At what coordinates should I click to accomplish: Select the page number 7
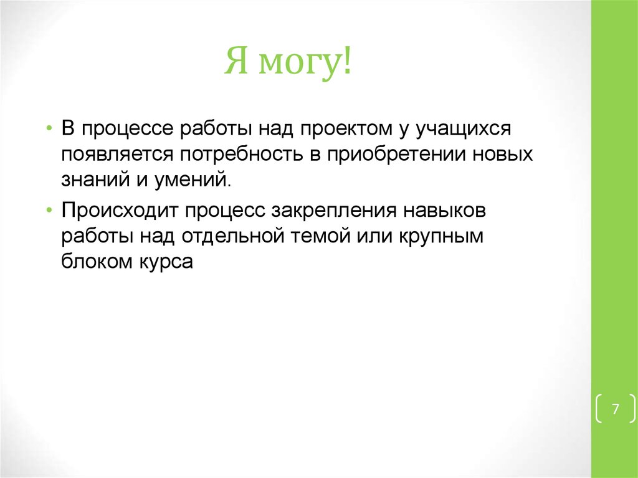[615, 409]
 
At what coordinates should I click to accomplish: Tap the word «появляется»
[113, 155]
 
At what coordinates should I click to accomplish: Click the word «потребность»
[239, 155]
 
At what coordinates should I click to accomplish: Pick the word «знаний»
[92, 181]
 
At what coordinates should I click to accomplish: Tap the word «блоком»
[94, 262]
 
